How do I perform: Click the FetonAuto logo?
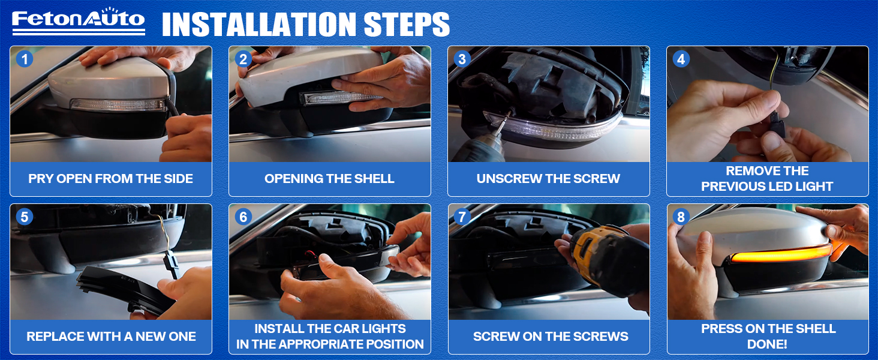pos(79,21)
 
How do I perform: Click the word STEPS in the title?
pos(407,25)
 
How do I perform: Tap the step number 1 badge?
pos(25,59)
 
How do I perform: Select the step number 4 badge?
pos(681,59)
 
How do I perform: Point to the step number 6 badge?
pos(243,217)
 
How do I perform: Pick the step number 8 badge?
pos(681,217)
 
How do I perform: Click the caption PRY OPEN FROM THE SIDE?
pos(110,179)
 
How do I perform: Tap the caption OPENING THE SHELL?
pos(329,179)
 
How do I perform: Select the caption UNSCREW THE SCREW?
pos(548,179)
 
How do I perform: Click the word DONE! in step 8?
pos(767,344)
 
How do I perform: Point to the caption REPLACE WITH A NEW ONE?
pos(111,337)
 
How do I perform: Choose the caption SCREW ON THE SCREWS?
pos(551,337)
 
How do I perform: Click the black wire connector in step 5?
pos(172,265)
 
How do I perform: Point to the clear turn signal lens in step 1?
pos(118,105)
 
